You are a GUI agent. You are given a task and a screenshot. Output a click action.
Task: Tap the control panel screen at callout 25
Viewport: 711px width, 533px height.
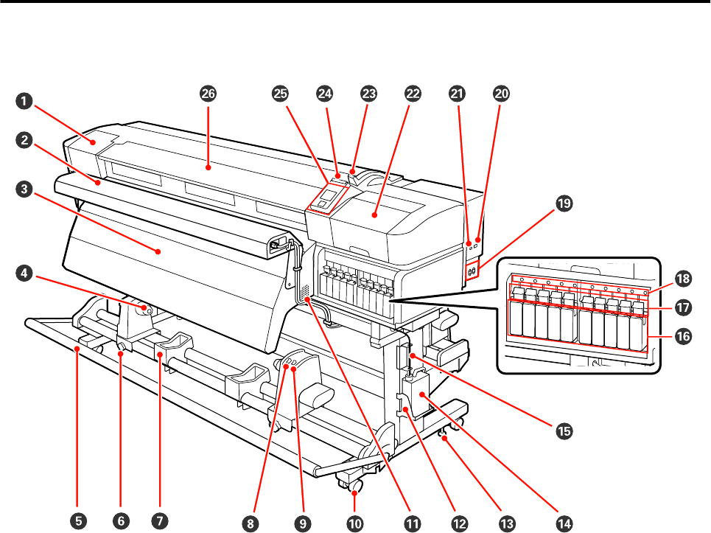pyautogui.click(x=327, y=197)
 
